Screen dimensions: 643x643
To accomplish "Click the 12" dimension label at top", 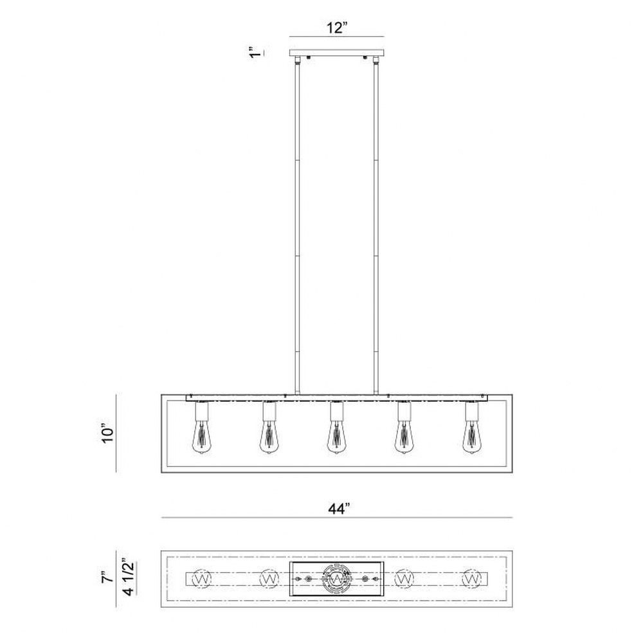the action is [x=337, y=28].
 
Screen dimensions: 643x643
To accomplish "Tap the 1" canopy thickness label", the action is [x=255, y=53].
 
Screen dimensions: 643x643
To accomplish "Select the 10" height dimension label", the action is [x=107, y=434].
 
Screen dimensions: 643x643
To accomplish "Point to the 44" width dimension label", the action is [x=339, y=509].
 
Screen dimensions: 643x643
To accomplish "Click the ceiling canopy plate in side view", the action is [x=337, y=53].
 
